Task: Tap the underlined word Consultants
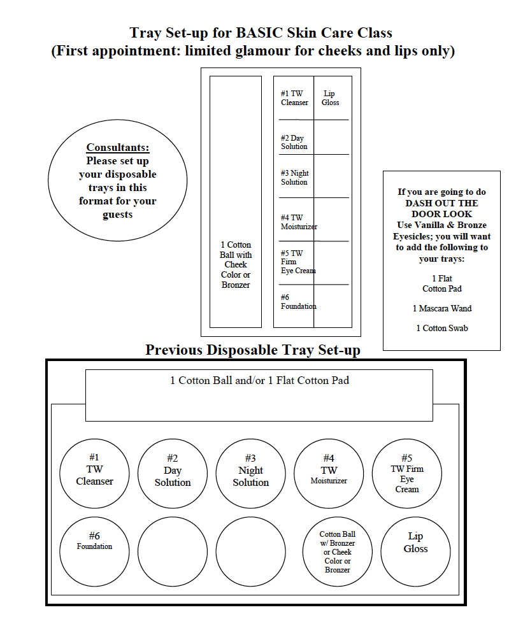[x=118, y=147]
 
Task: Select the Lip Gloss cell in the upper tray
[x=330, y=98]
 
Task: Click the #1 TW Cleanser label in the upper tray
[x=294, y=98]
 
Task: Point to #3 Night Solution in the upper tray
[x=294, y=178]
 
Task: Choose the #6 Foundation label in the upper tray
[x=299, y=302]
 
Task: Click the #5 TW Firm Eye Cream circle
[x=406, y=473]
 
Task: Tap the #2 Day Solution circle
[x=172, y=473]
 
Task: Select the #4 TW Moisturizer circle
[x=329, y=473]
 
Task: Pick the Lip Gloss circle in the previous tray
[x=415, y=551]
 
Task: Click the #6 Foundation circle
[x=94, y=551]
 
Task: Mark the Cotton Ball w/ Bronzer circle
[x=337, y=551]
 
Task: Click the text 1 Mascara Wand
[x=442, y=309]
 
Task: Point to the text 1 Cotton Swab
[x=442, y=328]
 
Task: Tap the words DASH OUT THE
[x=441, y=203]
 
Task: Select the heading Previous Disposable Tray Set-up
[x=253, y=350]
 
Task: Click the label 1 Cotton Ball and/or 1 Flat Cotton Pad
[x=260, y=380]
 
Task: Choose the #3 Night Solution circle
[x=251, y=473]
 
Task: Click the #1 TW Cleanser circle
[x=94, y=473]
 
